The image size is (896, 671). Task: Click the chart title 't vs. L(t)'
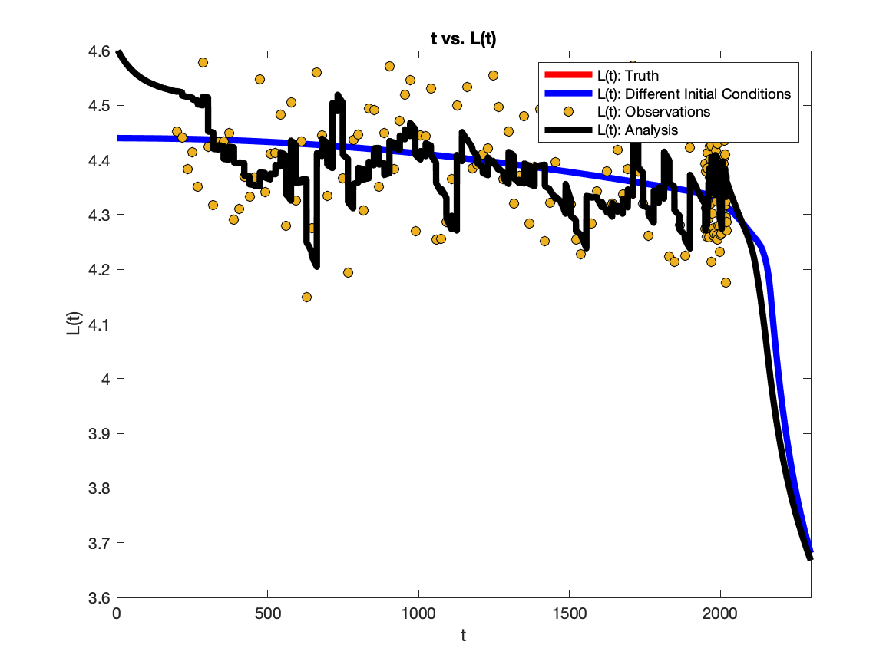(x=463, y=39)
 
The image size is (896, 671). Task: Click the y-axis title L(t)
(x=74, y=323)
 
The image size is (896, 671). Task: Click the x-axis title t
(x=464, y=635)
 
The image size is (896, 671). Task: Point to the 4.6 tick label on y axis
(x=99, y=51)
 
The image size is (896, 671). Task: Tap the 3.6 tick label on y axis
(x=99, y=598)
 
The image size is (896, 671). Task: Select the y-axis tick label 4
(x=106, y=379)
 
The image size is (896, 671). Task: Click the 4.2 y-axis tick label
(x=99, y=270)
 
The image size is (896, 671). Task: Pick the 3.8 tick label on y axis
(x=99, y=488)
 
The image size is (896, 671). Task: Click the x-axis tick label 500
(x=267, y=613)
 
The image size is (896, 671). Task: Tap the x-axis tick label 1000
(x=418, y=613)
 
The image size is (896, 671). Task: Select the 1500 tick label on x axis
(x=569, y=613)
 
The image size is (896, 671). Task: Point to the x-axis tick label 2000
(x=720, y=613)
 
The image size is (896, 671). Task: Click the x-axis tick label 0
(x=117, y=613)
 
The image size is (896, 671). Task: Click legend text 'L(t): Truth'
(x=628, y=76)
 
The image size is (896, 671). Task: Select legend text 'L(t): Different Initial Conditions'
(x=694, y=94)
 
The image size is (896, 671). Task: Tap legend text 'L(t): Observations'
(x=653, y=112)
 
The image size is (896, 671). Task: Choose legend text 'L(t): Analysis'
(x=638, y=130)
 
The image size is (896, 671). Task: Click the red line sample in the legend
(x=568, y=74)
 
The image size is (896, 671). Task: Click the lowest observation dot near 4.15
(x=306, y=298)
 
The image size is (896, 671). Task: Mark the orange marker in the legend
(x=568, y=112)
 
